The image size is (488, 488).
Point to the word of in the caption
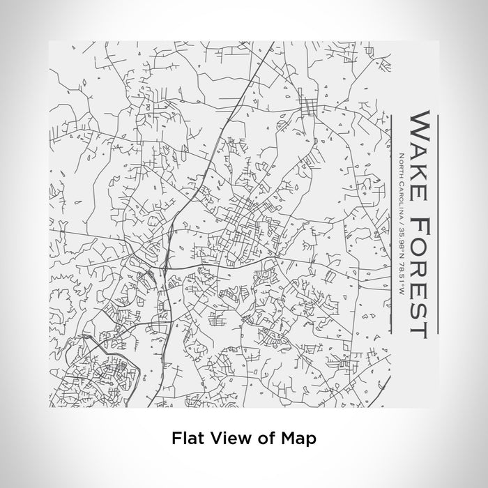coord(266,439)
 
